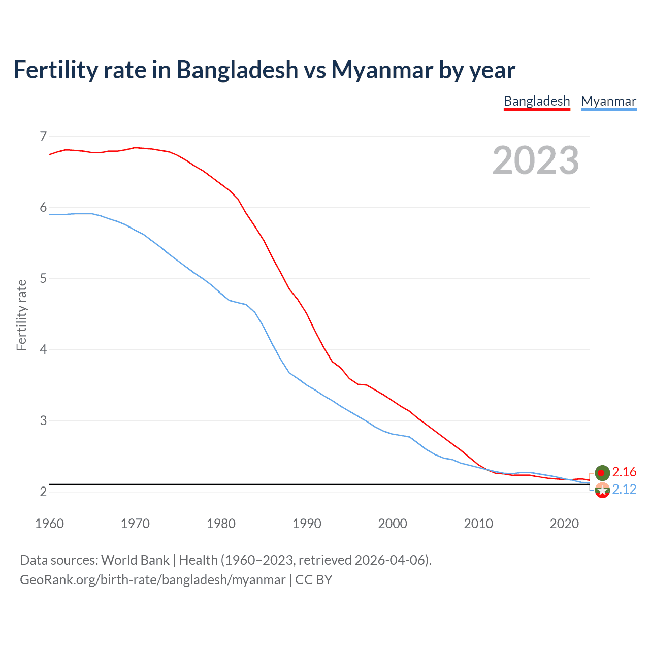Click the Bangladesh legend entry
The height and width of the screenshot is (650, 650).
(x=537, y=101)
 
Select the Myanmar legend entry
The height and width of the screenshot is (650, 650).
(x=608, y=101)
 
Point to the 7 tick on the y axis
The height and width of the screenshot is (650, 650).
(x=43, y=136)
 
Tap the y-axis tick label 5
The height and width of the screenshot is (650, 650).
(x=43, y=278)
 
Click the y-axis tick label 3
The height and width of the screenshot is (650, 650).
(x=43, y=420)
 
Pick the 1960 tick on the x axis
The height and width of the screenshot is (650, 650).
(x=49, y=524)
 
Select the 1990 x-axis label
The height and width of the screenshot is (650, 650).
(x=307, y=524)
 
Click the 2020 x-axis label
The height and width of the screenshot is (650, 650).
(x=564, y=524)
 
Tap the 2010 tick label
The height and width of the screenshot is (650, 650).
(x=478, y=524)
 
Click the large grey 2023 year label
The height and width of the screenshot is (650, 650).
(x=536, y=160)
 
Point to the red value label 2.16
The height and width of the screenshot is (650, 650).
(x=624, y=472)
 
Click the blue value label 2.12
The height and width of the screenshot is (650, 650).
(x=624, y=490)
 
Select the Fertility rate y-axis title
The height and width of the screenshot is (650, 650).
(x=21, y=315)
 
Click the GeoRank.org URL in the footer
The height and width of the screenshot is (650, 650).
(x=152, y=580)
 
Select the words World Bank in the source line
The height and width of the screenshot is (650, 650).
(x=135, y=560)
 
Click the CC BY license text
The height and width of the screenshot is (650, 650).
(x=313, y=580)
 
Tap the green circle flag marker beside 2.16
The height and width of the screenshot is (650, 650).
(x=602, y=473)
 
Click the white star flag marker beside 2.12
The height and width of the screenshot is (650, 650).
(x=602, y=491)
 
